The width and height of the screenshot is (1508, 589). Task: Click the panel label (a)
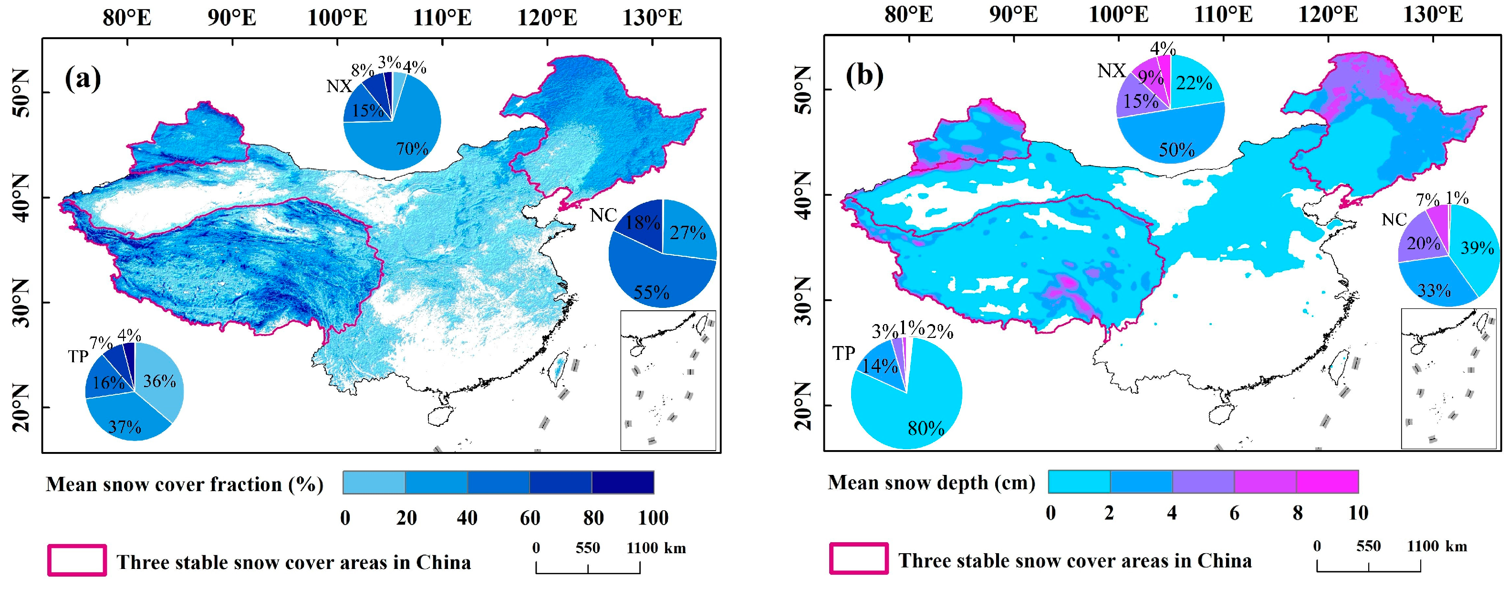click(83, 78)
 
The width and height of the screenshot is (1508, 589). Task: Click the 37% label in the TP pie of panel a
click(124, 426)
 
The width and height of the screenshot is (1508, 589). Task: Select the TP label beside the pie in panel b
click(843, 353)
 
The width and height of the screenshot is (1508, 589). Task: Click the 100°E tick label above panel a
click(337, 18)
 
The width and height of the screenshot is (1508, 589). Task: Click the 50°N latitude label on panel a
click(21, 93)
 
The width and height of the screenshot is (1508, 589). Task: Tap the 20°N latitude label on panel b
click(804, 406)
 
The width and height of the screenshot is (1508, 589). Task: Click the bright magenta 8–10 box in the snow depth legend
click(1327, 481)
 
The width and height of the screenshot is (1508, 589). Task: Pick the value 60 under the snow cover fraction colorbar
click(530, 517)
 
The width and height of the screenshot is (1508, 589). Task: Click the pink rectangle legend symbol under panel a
click(77, 560)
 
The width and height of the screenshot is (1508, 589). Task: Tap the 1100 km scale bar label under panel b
click(1437, 546)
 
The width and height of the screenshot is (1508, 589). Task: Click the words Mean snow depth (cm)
click(931, 483)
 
